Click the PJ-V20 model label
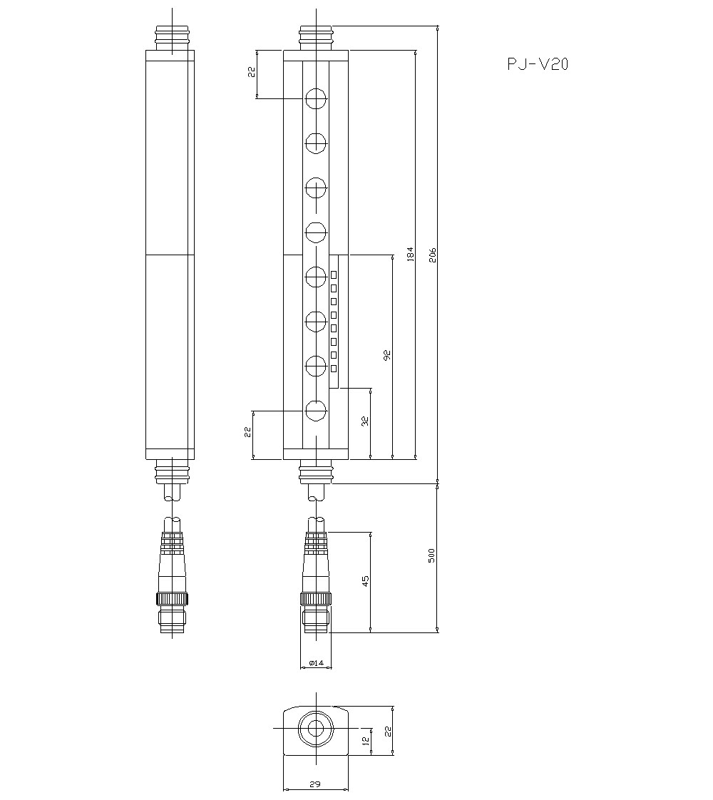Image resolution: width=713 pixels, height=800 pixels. point(538,65)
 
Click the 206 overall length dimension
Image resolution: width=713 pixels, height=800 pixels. point(432,255)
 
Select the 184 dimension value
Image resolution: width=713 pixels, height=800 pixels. point(410,255)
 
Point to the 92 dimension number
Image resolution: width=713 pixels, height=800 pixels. point(387,355)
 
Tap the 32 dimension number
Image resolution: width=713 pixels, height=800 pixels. point(364,421)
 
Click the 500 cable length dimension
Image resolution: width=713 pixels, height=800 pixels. point(432,555)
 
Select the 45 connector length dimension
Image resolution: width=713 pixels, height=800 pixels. point(365,581)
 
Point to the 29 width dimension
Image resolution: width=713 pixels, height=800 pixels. point(315,784)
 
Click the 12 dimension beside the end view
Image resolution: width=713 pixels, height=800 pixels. point(365,742)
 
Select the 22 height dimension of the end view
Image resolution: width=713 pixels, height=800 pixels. point(388,732)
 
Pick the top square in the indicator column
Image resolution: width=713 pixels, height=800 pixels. point(334,275)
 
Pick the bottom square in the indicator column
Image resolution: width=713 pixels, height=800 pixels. point(334,368)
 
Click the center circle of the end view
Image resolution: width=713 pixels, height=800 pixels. point(315,729)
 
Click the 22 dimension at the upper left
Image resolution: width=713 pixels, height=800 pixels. point(252,74)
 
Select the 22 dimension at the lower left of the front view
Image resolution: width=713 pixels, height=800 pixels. point(247,432)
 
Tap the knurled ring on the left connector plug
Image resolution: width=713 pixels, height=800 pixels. point(173,598)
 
